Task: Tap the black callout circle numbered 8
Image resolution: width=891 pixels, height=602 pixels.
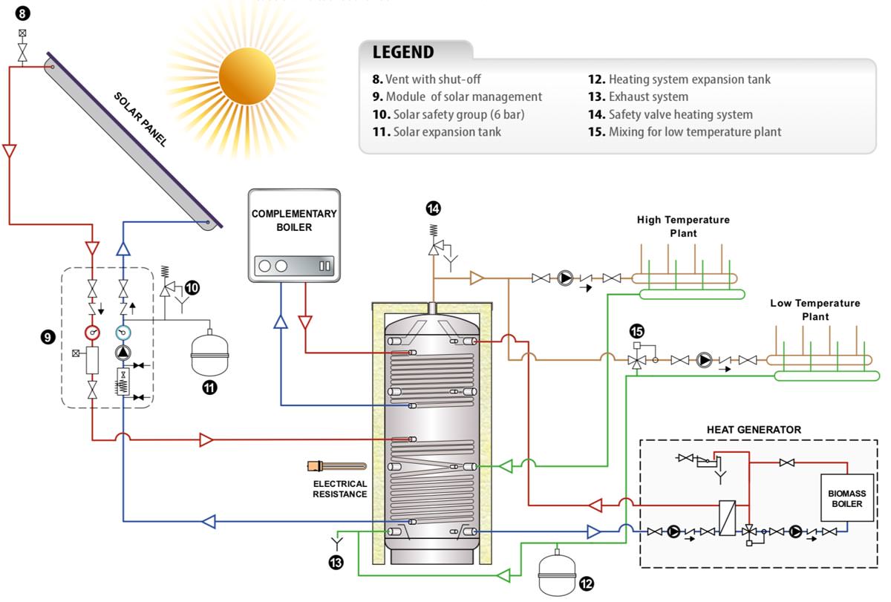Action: coord(23,13)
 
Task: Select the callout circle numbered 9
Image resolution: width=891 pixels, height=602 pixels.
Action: coord(47,336)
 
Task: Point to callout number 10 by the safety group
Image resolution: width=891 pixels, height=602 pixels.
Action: coord(192,288)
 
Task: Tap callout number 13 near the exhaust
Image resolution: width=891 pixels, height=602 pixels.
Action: coord(336,563)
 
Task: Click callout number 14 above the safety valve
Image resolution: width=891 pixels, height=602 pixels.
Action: coord(434,209)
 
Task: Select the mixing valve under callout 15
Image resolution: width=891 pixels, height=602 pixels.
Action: coord(636,361)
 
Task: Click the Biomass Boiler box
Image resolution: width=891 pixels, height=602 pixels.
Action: coord(846,498)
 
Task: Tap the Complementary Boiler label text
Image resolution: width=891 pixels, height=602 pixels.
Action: coord(294,220)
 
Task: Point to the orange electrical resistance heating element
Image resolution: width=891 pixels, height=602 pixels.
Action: coord(336,466)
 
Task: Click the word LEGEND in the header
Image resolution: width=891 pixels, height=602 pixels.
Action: coord(403,52)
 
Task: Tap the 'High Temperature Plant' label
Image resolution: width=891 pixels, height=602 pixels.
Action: coord(683,226)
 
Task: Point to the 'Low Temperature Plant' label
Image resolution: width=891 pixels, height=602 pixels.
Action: coord(815,310)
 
